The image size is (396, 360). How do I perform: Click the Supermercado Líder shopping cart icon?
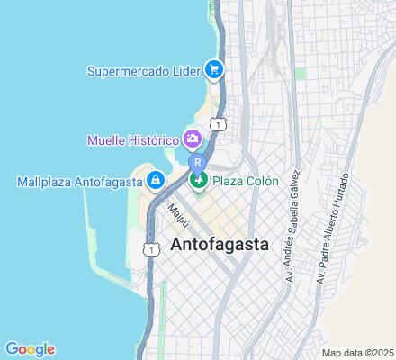(213, 68)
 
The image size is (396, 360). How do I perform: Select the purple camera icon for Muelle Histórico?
(192, 139)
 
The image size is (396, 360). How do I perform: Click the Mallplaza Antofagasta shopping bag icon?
(157, 181)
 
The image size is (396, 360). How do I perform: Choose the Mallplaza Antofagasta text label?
(80, 181)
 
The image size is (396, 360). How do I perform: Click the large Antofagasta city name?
(221, 245)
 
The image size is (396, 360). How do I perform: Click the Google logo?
(30, 349)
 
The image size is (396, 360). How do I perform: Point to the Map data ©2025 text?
(357, 352)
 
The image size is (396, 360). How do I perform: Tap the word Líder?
(185, 69)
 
